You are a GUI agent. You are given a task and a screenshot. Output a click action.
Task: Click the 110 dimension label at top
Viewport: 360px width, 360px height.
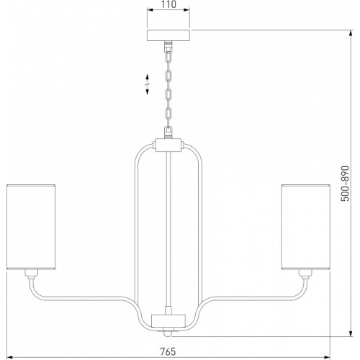point(168,4)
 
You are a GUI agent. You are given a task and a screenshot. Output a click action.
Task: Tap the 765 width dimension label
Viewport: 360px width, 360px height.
point(168,351)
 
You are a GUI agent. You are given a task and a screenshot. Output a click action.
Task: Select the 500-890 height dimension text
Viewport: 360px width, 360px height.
point(345,184)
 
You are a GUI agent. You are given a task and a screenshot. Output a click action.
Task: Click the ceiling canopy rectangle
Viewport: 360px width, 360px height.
point(168,35)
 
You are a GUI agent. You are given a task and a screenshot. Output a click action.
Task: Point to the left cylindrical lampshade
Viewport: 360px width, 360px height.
point(31,227)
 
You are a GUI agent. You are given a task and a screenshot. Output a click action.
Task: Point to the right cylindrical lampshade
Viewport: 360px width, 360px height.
point(306,227)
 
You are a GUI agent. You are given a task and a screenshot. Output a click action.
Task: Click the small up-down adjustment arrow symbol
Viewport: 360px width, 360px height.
point(147,84)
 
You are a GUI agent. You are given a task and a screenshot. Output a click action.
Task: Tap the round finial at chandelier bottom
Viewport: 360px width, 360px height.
point(168,333)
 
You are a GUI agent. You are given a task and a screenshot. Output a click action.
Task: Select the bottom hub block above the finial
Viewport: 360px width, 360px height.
point(168,321)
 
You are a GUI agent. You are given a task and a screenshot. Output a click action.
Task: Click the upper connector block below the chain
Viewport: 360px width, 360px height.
point(168,145)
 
